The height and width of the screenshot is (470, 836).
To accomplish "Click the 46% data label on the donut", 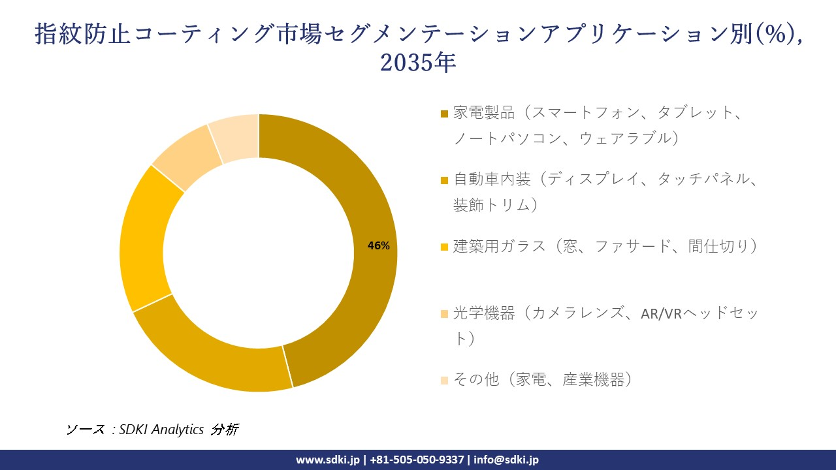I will pos(379,246).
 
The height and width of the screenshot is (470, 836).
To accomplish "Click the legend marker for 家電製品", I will pos(445,114).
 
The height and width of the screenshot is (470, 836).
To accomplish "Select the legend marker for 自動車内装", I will pos(445,180).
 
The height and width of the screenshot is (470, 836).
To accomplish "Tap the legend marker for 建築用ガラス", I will pos(445,247).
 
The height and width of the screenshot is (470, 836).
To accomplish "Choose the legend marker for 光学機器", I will pos(445,314).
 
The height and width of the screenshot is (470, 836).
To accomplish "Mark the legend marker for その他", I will pos(445,380).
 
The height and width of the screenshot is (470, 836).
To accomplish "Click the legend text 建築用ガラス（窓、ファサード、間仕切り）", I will pos(605,246).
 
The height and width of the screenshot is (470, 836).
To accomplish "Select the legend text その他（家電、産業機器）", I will pos(543,379).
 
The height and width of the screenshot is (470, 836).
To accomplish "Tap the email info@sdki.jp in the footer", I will pos(506,460).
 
